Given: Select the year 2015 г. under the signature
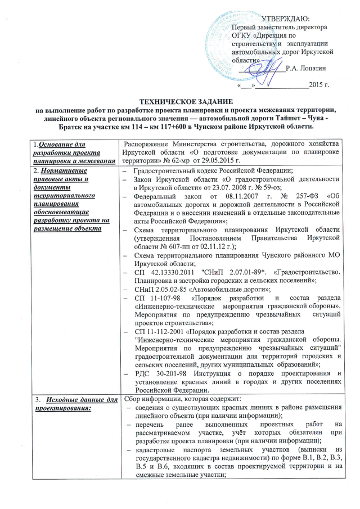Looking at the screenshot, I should [x=319, y=85].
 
